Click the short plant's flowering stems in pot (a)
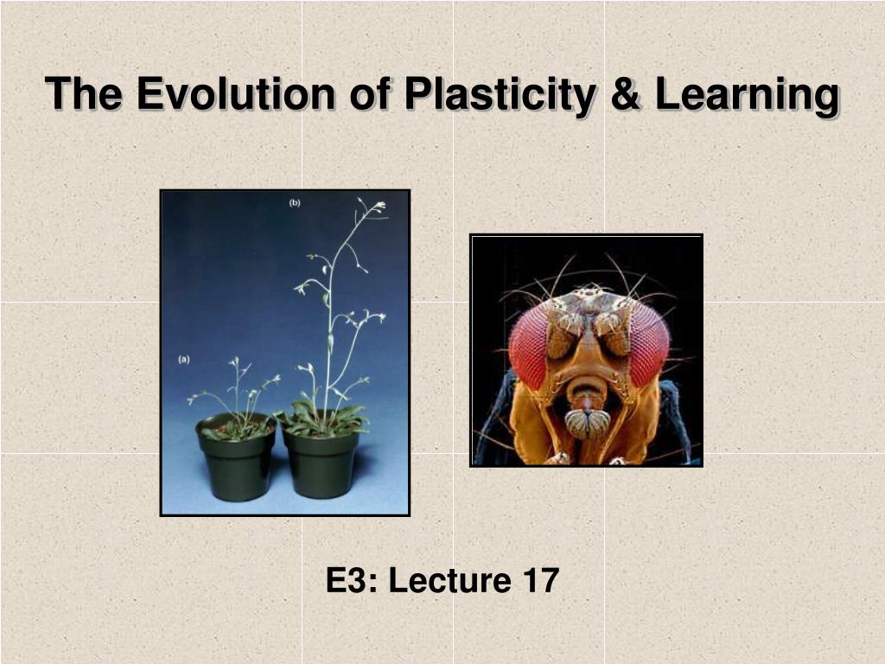[238, 389]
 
